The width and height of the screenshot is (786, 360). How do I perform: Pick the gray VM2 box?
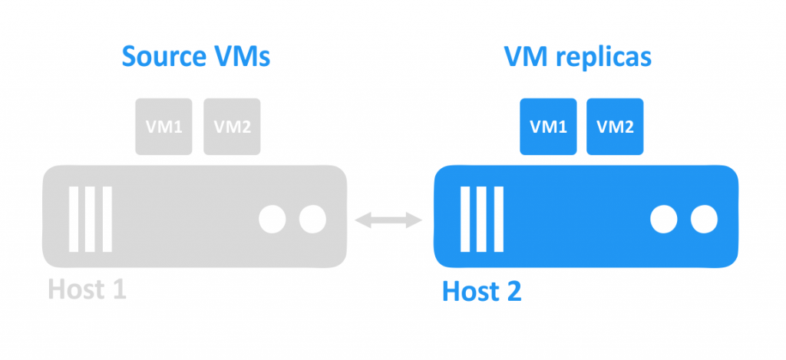click(232, 127)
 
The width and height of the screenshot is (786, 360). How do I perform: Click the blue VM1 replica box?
click(549, 127)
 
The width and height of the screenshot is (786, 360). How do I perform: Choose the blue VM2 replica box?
click(616, 127)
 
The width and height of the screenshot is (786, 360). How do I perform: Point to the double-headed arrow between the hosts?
click(389, 220)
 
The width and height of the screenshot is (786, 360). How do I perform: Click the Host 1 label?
click(87, 289)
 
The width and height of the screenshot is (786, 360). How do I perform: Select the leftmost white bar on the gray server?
click(74, 218)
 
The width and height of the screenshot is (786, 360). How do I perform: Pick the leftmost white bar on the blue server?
click(466, 218)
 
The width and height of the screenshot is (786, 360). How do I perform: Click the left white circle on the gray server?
click(272, 220)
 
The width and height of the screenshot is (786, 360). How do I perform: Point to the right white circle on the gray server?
click(312, 220)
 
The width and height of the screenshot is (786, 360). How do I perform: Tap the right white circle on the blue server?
click(703, 220)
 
